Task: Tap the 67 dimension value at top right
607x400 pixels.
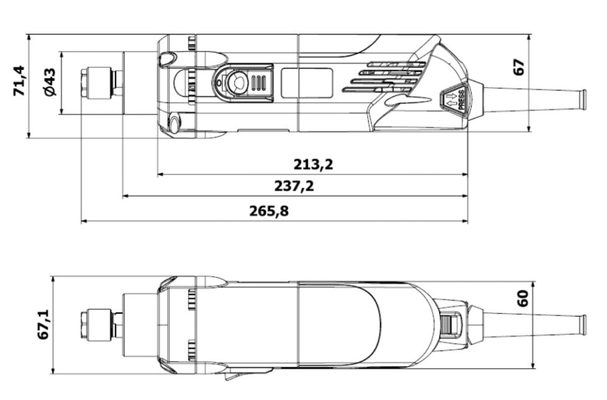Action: pyautogui.click(x=519, y=67)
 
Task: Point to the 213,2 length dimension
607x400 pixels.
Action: pyautogui.click(x=313, y=164)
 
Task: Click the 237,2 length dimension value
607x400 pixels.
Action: pyautogui.click(x=294, y=186)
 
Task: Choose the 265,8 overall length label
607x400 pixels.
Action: pyautogui.click(x=269, y=211)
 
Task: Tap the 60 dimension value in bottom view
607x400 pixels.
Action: pyautogui.click(x=523, y=299)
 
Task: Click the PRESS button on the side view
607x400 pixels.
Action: pyautogui.click(x=454, y=100)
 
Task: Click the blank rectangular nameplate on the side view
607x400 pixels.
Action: pyautogui.click(x=306, y=83)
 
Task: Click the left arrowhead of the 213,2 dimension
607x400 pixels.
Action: pyautogui.click(x=160, y=175)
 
